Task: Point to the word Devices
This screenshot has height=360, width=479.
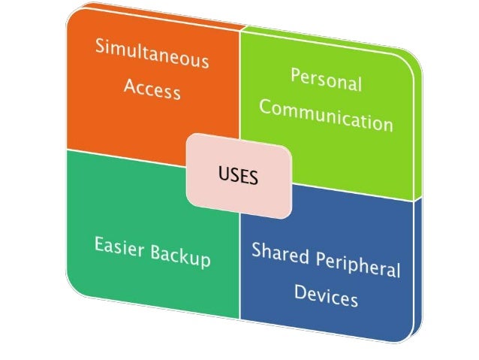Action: (326, 295)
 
